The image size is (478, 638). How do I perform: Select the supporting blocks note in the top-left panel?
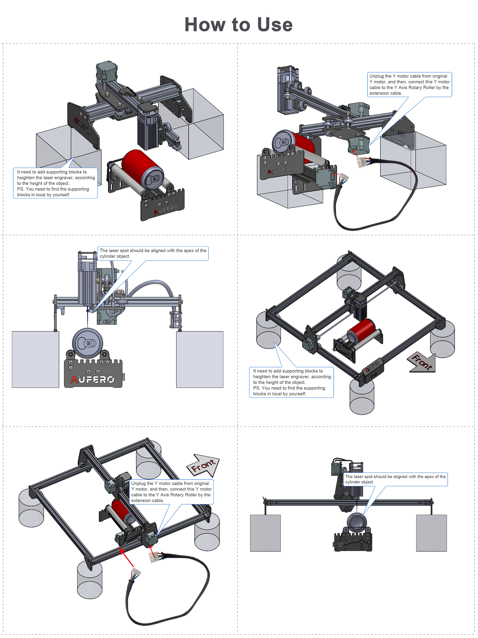(x=55, y=183)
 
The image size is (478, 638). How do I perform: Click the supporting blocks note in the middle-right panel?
(x=291, y=382)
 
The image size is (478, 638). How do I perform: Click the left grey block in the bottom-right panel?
(x=265, y=533)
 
